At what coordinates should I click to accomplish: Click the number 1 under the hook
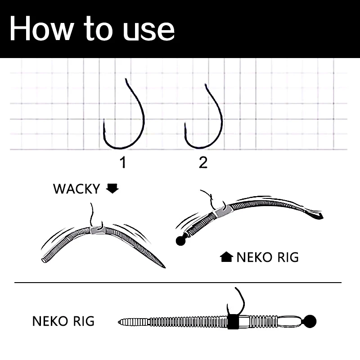pos(123,162)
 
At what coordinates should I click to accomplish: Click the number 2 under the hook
pos(203,162)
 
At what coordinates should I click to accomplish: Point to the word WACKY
pos(76,189)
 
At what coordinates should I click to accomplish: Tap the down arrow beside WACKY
pos(112,189)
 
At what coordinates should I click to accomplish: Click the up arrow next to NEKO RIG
pos(226,257)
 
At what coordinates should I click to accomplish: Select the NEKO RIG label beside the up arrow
pos(268,257)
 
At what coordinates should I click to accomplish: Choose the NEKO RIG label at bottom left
pos(63,321)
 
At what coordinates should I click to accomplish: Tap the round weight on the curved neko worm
pos(181,241)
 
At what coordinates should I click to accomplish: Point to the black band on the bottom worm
pos(233,322)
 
